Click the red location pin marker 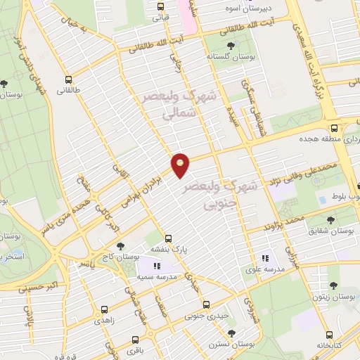click(181, 165)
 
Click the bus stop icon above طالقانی click(69, 79)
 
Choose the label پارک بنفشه click(168, 250)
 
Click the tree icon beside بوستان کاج click(122, 245)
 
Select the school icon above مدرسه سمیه click(157, 266)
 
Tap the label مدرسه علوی click(265, 269)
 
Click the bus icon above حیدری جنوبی click(206, 305)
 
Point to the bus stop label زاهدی click(105, 321)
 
